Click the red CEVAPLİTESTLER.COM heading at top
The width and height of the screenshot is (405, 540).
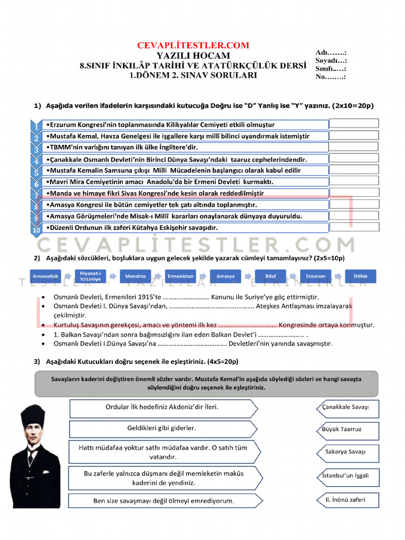point(193,45)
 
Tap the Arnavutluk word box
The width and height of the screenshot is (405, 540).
point(46,276)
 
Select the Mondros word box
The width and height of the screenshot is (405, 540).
point(136,276)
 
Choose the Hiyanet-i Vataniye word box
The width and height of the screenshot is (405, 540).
point(91,276)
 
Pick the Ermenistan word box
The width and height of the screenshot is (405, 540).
point(180,276)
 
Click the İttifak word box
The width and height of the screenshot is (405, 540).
point(361,276)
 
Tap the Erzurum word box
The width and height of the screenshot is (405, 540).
point(316,276)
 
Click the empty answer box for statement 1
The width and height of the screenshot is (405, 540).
point(354,123)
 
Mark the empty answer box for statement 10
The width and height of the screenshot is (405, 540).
point(354,227)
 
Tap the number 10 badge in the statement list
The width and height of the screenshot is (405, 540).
point(36,229)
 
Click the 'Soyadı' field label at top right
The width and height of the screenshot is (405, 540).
point(331,61)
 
